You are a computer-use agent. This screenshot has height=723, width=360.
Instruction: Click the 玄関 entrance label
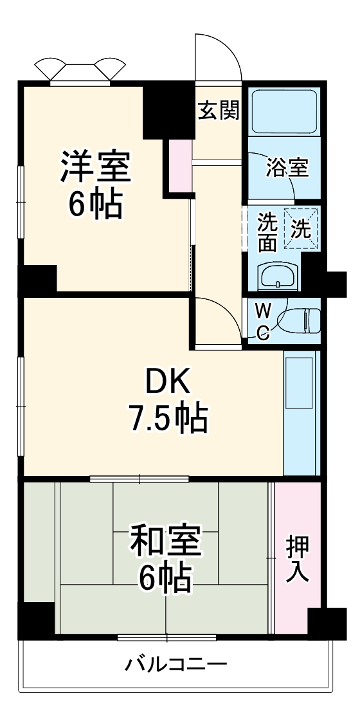(x=219, y=111)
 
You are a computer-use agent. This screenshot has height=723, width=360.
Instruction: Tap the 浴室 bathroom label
(x=287, y=169)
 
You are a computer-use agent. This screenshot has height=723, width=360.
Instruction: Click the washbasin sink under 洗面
(x=278, y=277)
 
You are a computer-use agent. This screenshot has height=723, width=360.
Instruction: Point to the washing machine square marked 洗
(x=301, y=229)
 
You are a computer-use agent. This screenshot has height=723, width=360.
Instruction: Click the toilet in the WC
(x=299, y=320)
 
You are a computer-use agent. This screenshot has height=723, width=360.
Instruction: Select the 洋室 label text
(x=96, y=166)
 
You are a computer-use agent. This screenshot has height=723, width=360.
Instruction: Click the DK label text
(x=168, y=382)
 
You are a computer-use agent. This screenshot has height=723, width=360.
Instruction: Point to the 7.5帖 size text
(x=168, y=418)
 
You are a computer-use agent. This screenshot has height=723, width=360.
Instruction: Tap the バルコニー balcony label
(x=177, y=664)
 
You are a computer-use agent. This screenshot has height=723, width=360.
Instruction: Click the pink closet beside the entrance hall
(x=180, y=165)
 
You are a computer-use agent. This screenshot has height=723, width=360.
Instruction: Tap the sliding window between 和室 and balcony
(x=167, y=638)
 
